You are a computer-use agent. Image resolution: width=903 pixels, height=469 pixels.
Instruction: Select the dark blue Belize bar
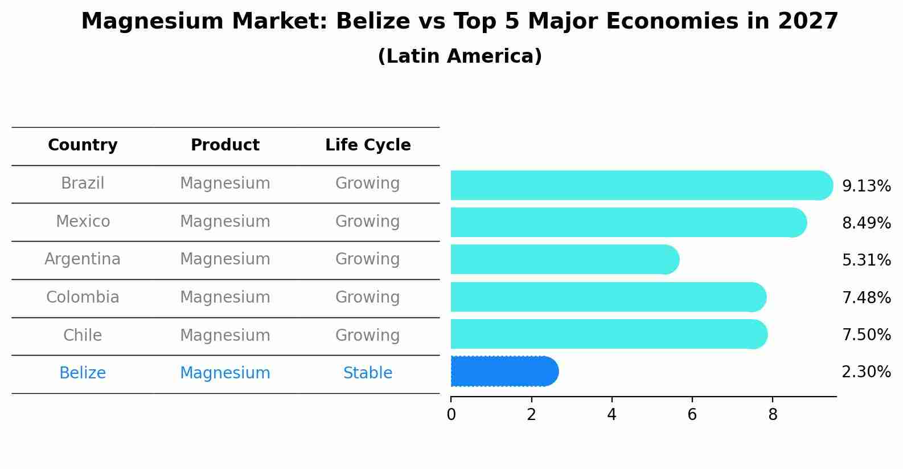[503, 372]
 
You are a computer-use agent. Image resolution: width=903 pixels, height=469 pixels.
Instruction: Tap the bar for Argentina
[564, 260]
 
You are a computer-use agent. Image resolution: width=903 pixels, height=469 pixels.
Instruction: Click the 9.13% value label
[866, 186]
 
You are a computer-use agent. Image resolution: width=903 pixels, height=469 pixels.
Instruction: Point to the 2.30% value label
[866, 372]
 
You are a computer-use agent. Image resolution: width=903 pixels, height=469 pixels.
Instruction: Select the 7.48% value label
[866, 297]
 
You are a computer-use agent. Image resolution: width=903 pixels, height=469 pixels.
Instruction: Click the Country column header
[83, 145]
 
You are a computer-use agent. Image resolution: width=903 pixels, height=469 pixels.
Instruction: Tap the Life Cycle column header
[368, 145]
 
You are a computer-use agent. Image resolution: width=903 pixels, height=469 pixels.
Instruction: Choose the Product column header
[225, 145]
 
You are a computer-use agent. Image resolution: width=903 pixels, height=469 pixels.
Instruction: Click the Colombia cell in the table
[83, 297]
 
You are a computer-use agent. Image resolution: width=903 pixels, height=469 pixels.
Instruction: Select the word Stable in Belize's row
[368, 373]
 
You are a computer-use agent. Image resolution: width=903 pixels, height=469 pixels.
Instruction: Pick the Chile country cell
[83, 335]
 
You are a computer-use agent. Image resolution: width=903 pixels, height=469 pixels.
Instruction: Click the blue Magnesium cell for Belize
[225, 373]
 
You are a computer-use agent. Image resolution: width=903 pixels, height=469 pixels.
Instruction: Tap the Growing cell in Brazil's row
[368, 183]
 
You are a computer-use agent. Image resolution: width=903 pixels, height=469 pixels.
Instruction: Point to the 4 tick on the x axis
[611, 414]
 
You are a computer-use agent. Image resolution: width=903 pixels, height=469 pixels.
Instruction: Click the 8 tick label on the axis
[773, 414]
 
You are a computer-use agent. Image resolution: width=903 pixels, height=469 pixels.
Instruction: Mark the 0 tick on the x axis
[451, 414]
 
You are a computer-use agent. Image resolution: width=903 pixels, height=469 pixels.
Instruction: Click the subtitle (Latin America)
[459, 56]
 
